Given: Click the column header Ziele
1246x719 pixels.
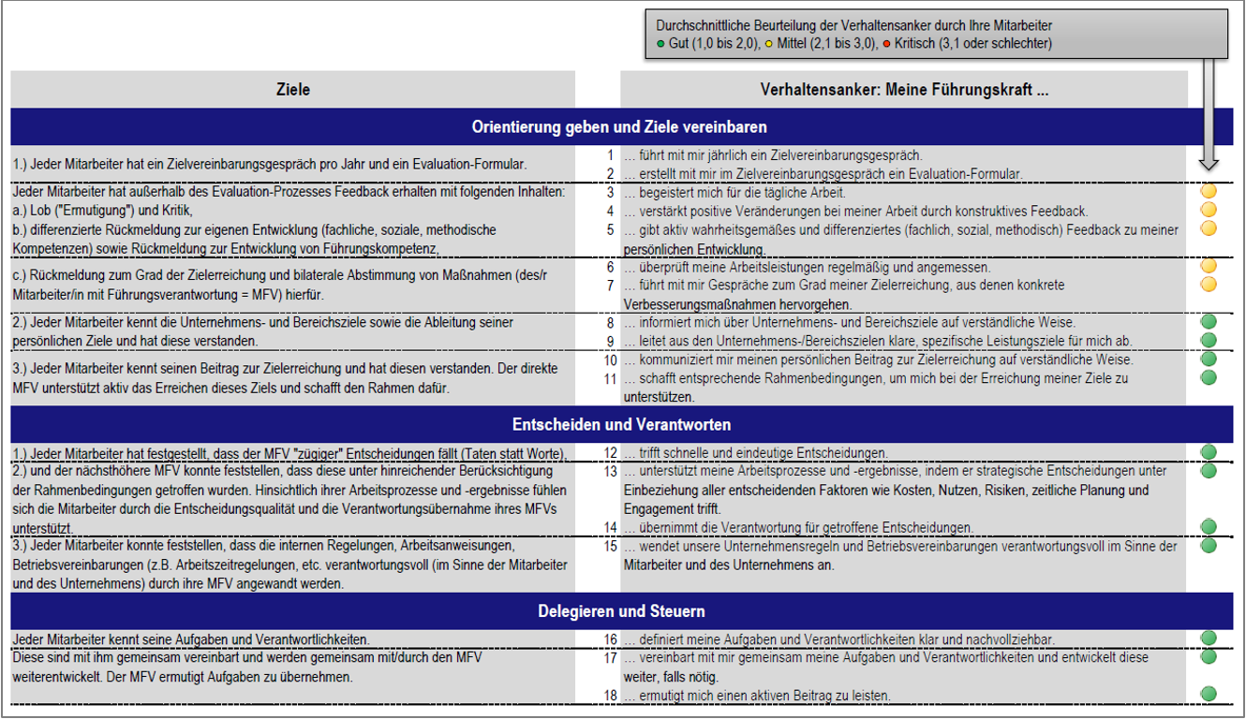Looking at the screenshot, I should (x=292, y=90).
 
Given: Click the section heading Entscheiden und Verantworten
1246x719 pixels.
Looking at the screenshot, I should (x=621, y=424).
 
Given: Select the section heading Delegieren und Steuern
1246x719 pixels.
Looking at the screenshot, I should (x=621, y=611).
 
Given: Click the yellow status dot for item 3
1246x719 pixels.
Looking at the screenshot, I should (x=1209, y=191).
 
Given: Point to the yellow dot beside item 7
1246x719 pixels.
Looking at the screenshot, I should (x=1209, y=284).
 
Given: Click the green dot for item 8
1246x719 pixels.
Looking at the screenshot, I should (x=1209, y=322).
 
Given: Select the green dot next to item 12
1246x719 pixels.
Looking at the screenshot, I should (x=1209, y=452).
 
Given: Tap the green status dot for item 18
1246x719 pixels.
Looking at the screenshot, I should (x=1209, y=695).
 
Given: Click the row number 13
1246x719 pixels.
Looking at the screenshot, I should (x=611, y=471).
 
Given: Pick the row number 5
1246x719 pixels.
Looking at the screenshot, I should (x=610, y=229).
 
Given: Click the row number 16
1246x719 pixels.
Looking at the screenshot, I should (x=611, y=639).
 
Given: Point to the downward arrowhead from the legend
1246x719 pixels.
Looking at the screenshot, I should (x=1209, y=164).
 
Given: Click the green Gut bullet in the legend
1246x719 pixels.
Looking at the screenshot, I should (x=660, y=44).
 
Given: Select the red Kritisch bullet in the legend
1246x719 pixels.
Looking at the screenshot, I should (x=886, y=44).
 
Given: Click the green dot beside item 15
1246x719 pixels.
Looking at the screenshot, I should (x=1209, y=545).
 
